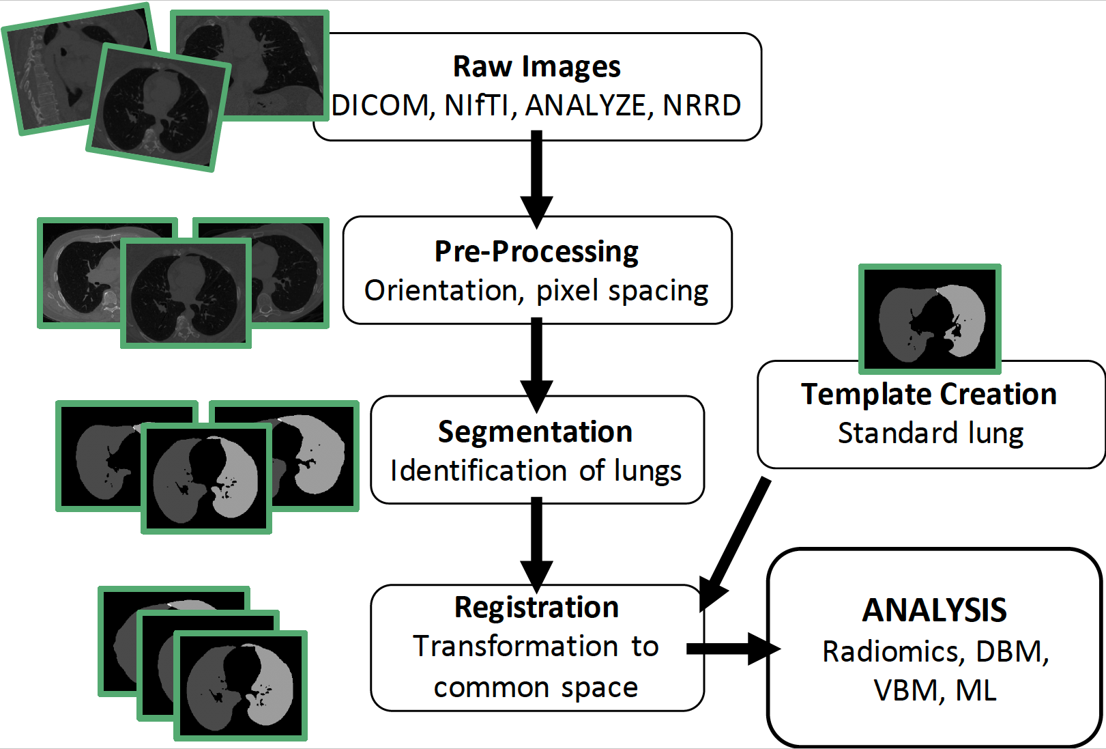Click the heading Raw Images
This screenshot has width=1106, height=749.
tap(537, 67)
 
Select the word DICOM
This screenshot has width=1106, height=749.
tap(380, 105)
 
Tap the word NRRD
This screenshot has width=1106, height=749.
tap(701, 105)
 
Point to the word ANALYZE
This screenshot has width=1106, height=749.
tap(585, 105)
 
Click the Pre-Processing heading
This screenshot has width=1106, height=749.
tap(537, 252)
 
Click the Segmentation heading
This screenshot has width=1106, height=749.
tap(536, 432)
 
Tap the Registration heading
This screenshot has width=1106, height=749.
tap(537, 607)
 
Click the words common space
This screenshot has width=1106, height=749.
tap(536, 688)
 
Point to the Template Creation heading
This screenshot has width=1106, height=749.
tap(929, 394)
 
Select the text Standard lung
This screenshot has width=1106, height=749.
tap(931, 434)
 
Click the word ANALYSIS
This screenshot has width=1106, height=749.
tap(934, 610)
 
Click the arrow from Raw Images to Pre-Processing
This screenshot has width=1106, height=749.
tap(537, 179)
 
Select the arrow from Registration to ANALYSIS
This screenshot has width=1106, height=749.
tap(733, 649)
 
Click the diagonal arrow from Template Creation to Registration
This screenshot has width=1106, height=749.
tap(734, 544)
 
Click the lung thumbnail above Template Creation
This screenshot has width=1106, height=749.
tap(930, 319)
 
